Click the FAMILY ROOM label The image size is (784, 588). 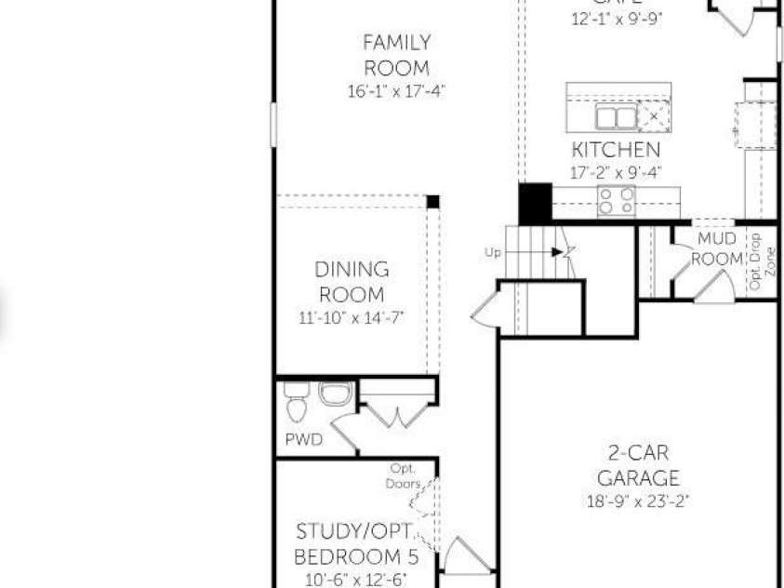(396, 55)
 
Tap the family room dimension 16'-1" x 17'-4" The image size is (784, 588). (396, 91)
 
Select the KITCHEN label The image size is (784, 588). (616, 150)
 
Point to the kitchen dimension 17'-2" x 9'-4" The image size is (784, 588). (616, 172)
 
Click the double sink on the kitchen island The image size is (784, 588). (616, 117)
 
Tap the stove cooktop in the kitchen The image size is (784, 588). (616, 201)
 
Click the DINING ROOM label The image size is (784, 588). (352, 282)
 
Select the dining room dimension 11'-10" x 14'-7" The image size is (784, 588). (352, 317)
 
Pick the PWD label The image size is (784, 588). (304, 439)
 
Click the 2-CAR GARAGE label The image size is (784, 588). (638, 466)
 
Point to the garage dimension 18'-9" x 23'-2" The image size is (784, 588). (638, 502)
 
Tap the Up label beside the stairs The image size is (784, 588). (493, 252)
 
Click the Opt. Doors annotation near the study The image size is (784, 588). (403, 475)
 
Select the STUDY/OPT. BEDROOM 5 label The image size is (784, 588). (356, 544)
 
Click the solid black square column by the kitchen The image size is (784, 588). (535, 202)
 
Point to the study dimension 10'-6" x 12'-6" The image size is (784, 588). (356, 579)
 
